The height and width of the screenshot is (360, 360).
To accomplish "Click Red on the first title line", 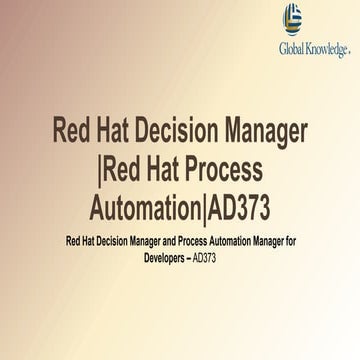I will point(75,130).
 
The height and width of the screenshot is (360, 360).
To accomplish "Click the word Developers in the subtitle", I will point(163,257).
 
